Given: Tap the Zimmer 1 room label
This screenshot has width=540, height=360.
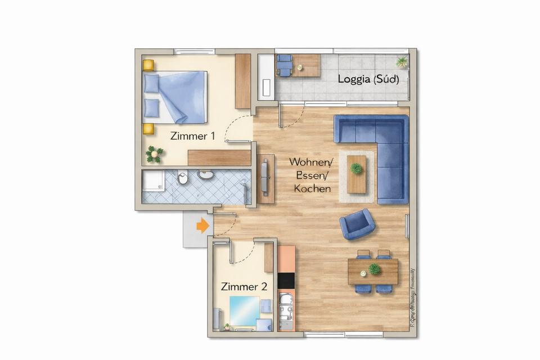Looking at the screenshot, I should point(192,136).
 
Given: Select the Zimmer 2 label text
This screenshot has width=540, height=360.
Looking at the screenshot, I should point(244,286).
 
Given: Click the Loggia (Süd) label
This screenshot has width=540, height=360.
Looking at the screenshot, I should point(368,79).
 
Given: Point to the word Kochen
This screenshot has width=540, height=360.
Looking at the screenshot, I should point(312,188).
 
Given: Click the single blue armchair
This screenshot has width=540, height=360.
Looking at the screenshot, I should point(357,224).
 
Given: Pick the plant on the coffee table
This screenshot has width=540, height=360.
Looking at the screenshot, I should point(356,168).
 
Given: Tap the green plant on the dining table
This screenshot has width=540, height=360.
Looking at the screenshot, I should point(375,269).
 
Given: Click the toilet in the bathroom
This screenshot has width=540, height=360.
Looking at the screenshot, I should point(183,179).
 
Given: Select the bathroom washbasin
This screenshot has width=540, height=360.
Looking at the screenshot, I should point(206,174).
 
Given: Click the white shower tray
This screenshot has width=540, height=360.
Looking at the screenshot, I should point(153,181).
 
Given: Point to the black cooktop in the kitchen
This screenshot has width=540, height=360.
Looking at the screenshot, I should point(286,280).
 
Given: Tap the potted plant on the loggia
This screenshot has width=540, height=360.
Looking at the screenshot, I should point(402,61).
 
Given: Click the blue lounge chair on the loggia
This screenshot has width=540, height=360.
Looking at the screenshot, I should point(285,64).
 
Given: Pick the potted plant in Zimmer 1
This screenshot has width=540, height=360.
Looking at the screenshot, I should point(154,152).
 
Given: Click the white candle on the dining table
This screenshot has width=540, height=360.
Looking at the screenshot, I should point(363,273).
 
